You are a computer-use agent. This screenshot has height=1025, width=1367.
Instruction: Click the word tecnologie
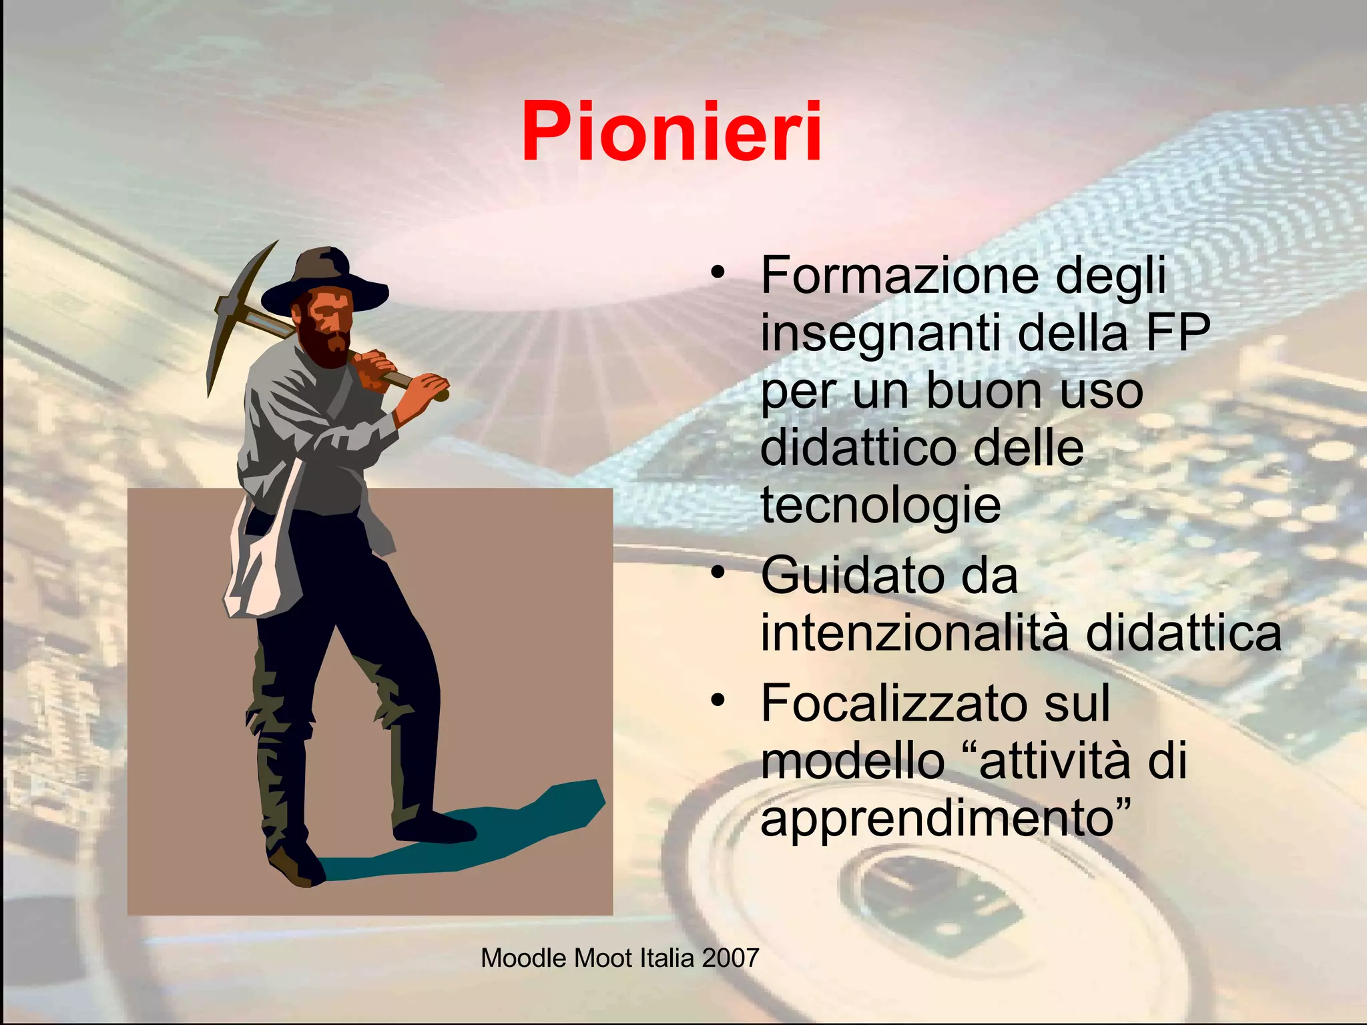[880, 504]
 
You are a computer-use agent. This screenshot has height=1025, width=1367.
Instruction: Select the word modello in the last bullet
[852, 761]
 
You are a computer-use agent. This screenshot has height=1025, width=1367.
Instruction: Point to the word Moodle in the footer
[524, 958]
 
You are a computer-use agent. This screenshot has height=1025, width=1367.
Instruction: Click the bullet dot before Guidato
[718, 573]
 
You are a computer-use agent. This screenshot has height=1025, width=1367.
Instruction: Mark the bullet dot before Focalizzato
[718, 700]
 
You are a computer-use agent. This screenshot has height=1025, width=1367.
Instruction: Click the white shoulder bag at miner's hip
[257, 567]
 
